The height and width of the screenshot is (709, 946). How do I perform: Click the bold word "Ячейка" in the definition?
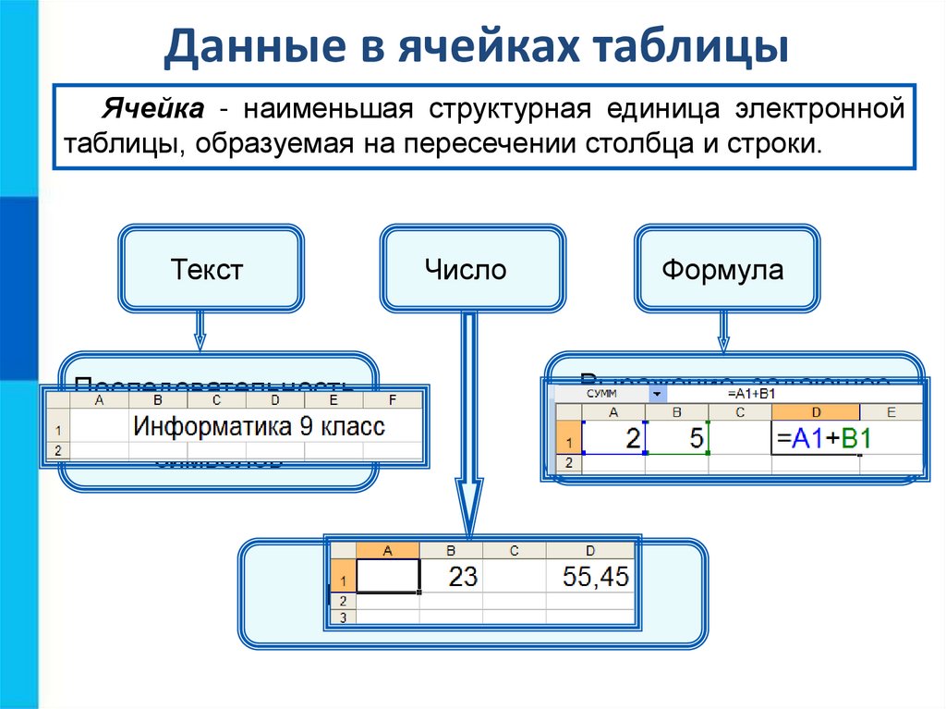pyautogui.click(x=153, y=111)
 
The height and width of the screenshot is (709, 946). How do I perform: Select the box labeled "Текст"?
pyautogui.click(x=207, y=270)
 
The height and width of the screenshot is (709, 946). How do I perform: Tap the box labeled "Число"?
pyautogui.click(x=466, y=270)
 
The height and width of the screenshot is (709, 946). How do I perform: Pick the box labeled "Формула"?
pyautogui.click(x=722, y=270)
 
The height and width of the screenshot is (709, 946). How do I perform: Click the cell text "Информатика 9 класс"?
pyautogui.click(x=259, y=427)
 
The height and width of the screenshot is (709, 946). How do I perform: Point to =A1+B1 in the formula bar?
pyautogui.click(x=752, y=394)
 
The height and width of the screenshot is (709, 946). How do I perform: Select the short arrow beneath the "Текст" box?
pyautogui.click(x=200, y=331)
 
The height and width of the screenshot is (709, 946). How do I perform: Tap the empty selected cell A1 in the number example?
pyautogui.click(x=388, y=577)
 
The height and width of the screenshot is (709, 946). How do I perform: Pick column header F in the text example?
pyautogui.click(x=392, y=400)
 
